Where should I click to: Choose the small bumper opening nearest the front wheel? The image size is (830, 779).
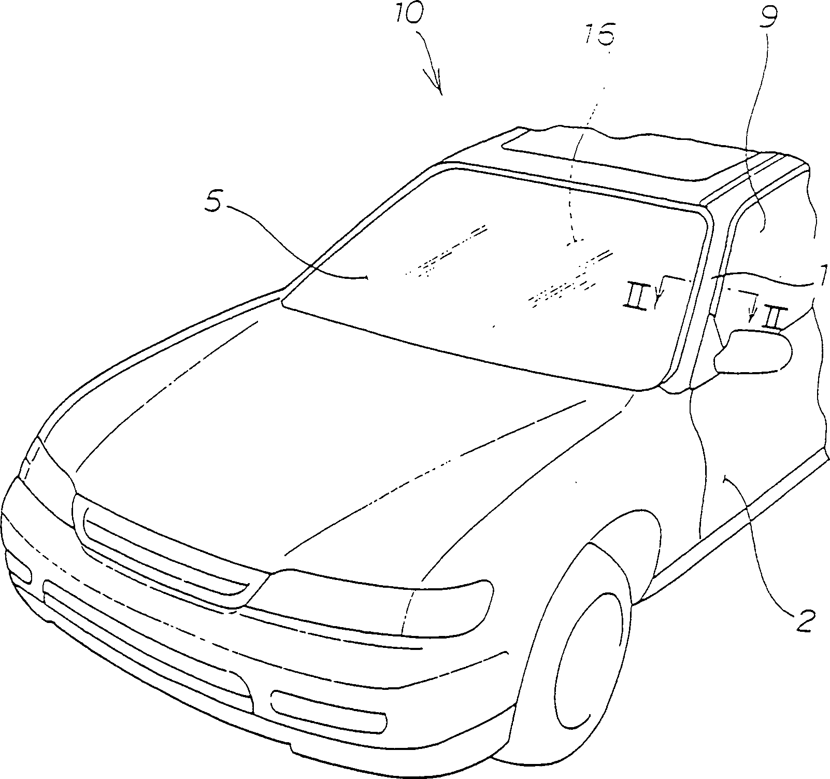[329, 710]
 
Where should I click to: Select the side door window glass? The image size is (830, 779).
[767, 259]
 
